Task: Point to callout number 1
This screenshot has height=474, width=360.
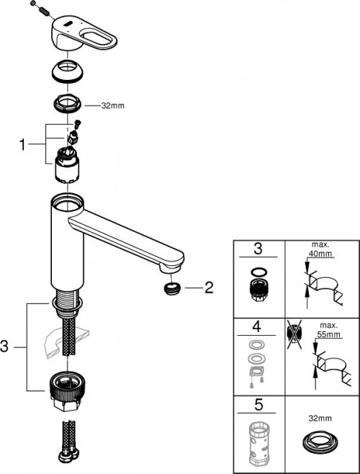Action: coord(22,143)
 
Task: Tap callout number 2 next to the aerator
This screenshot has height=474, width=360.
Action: coord(209,290)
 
